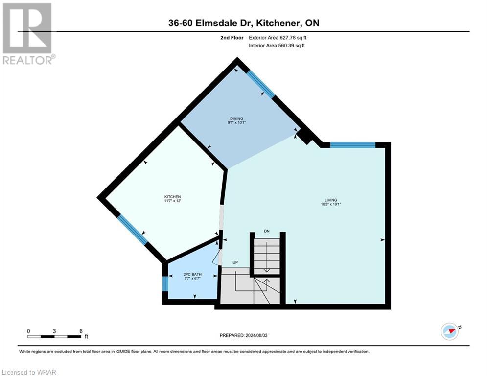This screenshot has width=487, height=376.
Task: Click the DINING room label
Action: click(236, 118)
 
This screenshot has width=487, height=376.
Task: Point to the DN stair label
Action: click(266, 231)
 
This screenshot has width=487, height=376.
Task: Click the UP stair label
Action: click(235, 263)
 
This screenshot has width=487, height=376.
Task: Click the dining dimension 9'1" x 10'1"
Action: click(236, 123)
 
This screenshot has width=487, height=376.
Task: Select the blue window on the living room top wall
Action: click(352, 145)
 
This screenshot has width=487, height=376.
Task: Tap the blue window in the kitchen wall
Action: click(131, 230)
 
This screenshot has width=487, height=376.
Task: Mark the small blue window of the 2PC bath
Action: click(165, 283)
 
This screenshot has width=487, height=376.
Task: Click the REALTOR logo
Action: click(28, 33)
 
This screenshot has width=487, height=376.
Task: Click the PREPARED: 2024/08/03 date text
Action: click(244, 335)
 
